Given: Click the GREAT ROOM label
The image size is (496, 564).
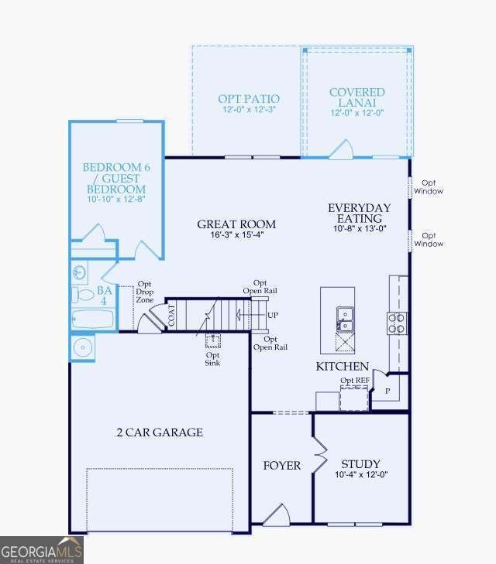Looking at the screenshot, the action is (x=236, y=224).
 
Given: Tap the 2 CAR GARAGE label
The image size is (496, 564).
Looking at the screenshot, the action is (x=160, y=432).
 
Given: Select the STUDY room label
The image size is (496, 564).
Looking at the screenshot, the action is (x=360, y=463).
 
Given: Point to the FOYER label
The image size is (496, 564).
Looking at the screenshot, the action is (x=281, y=466).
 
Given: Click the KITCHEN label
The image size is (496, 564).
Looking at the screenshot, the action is (x=343, y=366).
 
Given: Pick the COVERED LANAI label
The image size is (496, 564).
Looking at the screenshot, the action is (x=357, y=97).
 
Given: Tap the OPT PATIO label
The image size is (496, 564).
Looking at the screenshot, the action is (x=249, y=99).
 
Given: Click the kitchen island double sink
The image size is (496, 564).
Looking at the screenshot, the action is (x=345, y=319).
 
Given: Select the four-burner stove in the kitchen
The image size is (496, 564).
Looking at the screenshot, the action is (x=397, y=323).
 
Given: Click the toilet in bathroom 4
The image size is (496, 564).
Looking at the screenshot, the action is (x=82, y=295).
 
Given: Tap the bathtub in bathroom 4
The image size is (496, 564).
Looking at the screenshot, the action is (x=92, y=319).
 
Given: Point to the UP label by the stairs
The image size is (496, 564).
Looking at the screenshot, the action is (x=273, y=315).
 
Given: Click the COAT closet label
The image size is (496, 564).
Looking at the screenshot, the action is (x=171, y=316).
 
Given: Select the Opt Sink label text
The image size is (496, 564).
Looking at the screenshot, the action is (x=212, y=359).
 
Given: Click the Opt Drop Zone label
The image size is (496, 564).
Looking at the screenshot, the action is (x=144, y=292).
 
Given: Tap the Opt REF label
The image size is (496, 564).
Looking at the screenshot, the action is (x=355, y=380).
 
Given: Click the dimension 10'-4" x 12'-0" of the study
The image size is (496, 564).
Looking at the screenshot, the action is (x=361, y=474).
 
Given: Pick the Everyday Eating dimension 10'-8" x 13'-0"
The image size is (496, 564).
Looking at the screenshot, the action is (x=360, y=228).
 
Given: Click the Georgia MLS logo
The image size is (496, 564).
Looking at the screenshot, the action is (x=42, y=550).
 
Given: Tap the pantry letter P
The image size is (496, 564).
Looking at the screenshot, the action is (x=387, y=391).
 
